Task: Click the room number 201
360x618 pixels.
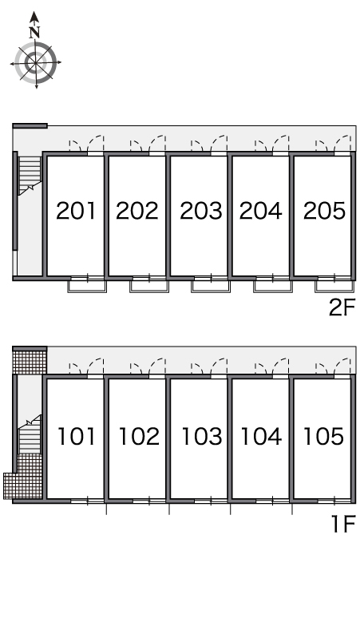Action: [76, 211]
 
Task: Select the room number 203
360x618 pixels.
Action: [201, 211]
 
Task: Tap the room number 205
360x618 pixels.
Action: [324, 211]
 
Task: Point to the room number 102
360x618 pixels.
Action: [139, 436]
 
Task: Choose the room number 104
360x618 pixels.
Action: [261, 436]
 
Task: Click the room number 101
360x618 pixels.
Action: [77, 436]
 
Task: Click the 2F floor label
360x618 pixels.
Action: [342, 307]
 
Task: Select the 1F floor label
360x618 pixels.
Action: [343, 525]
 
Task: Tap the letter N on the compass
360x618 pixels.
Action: [35, 32]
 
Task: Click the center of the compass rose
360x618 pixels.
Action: [36, 62]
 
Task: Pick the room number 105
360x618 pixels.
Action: [324, 436]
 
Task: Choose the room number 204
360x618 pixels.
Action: [261, 211]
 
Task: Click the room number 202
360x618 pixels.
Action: [137, 211]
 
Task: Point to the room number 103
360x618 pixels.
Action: [202, 436]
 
